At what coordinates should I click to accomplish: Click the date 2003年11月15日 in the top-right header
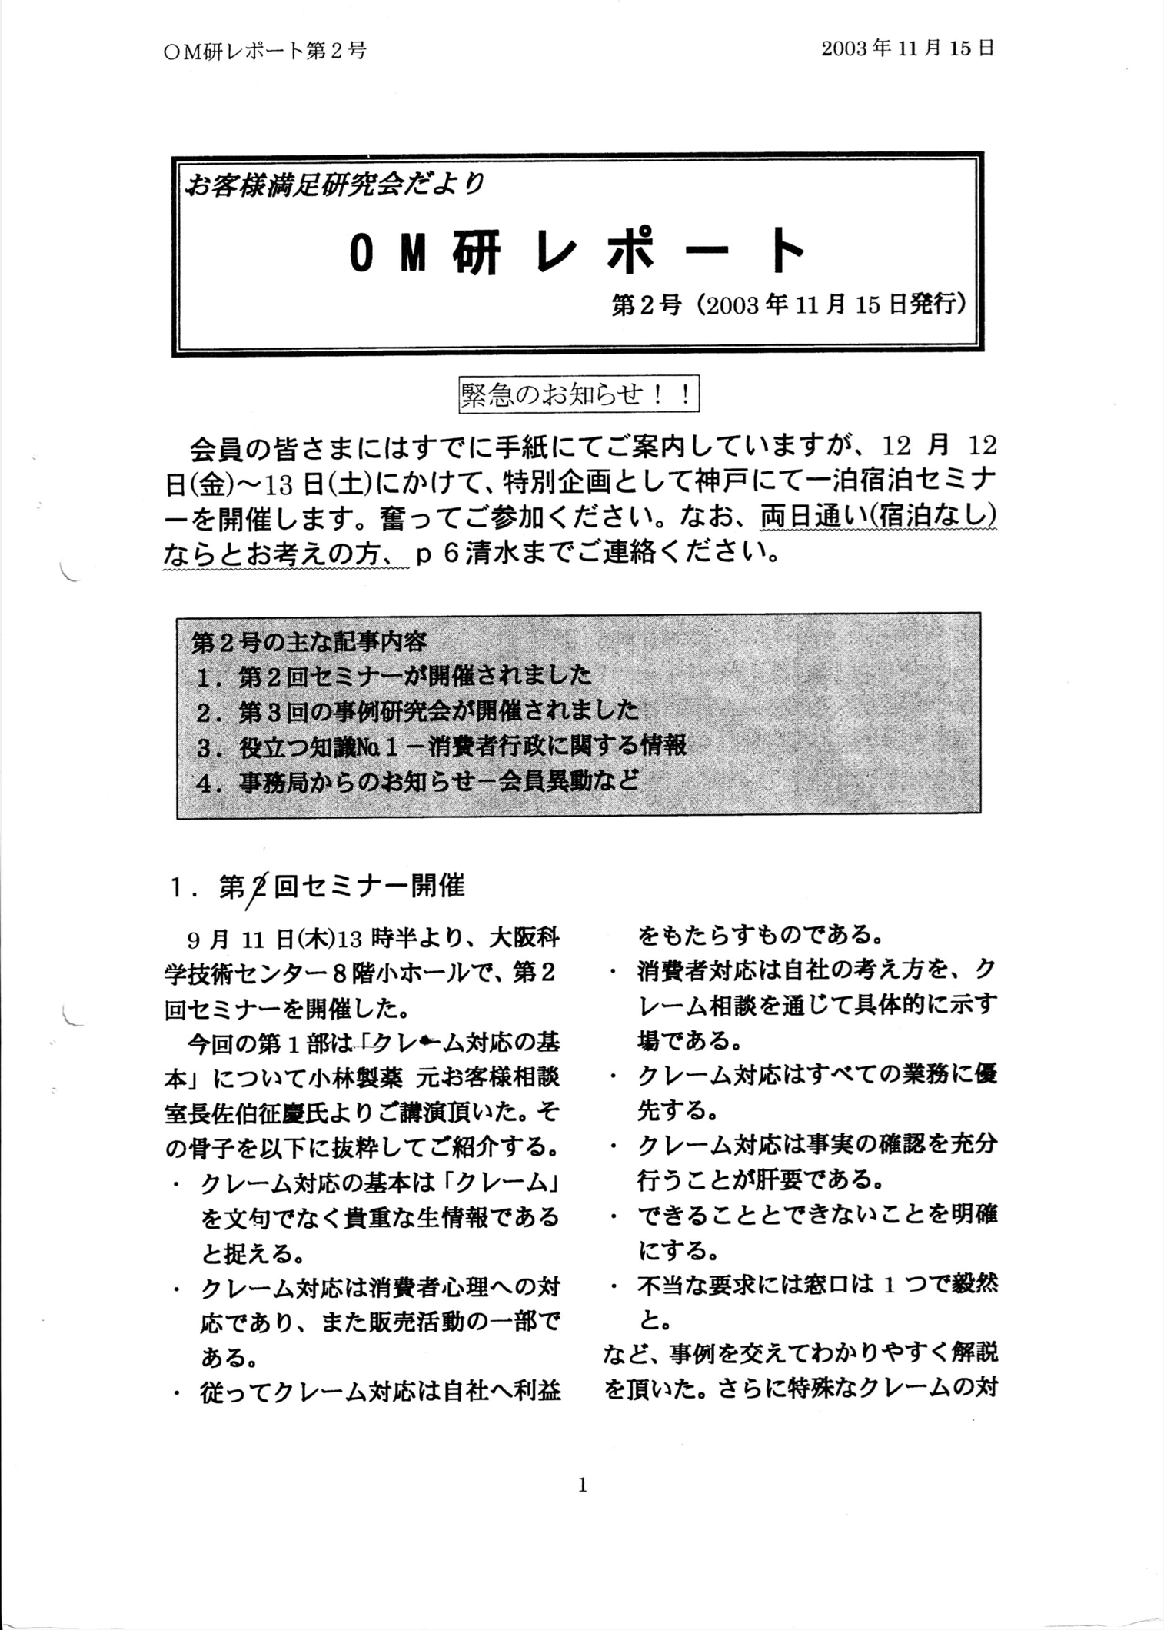tap(908, 48)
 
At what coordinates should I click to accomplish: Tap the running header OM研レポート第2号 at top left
tap(265, 51)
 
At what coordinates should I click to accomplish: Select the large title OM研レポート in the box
tap(577, 251)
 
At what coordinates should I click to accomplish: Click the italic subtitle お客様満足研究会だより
tap(335, 185)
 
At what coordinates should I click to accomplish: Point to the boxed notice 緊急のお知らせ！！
tap(577, 395)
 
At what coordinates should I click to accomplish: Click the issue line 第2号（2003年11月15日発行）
tap(788, 305)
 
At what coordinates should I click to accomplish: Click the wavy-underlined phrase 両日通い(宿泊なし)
tap(878, 517)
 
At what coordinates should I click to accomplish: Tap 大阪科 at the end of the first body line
tap(525, 940)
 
